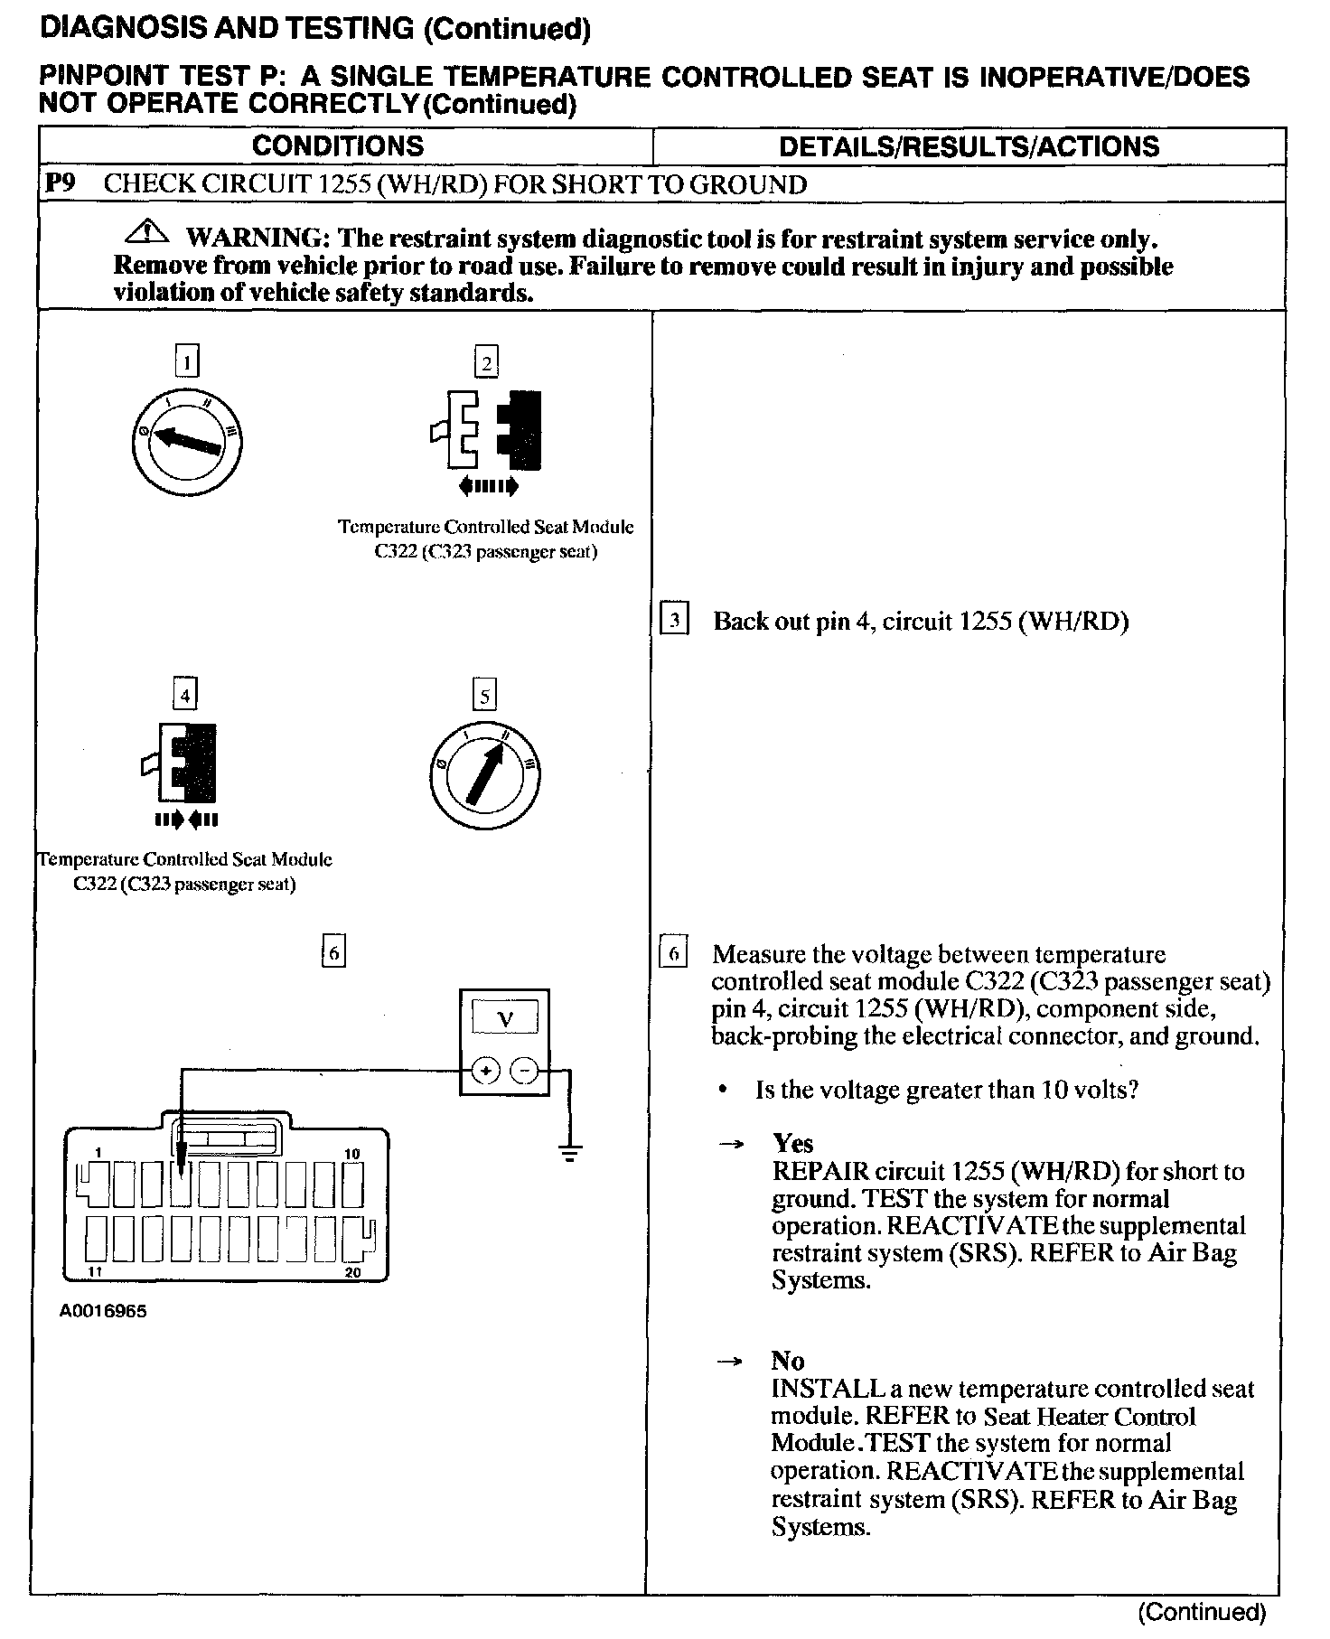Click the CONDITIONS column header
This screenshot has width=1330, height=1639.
pos(338,146)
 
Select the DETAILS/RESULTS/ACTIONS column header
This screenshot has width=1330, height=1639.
pos(969,146)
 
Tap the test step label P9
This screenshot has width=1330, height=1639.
pos(61,183)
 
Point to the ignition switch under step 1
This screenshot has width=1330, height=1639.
pos(186,442)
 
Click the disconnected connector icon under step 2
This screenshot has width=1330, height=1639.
pos(487,433)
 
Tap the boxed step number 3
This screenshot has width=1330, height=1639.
pos(674,621)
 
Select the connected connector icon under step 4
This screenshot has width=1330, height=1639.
pos(185,763)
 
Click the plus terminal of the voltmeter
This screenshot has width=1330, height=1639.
pos(486,1072)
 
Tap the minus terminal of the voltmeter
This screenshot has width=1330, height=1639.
pos(524,1072)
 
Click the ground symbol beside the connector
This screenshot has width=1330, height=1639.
pos(569,1152)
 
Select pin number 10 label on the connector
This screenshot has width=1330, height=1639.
pos(351,1154)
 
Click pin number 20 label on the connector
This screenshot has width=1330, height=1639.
pos(352,1272)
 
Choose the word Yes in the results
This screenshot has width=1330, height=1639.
pos(792,1144)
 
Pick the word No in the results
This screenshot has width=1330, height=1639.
pos(787,1361)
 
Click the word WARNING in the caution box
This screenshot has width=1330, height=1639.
pos(256,239)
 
